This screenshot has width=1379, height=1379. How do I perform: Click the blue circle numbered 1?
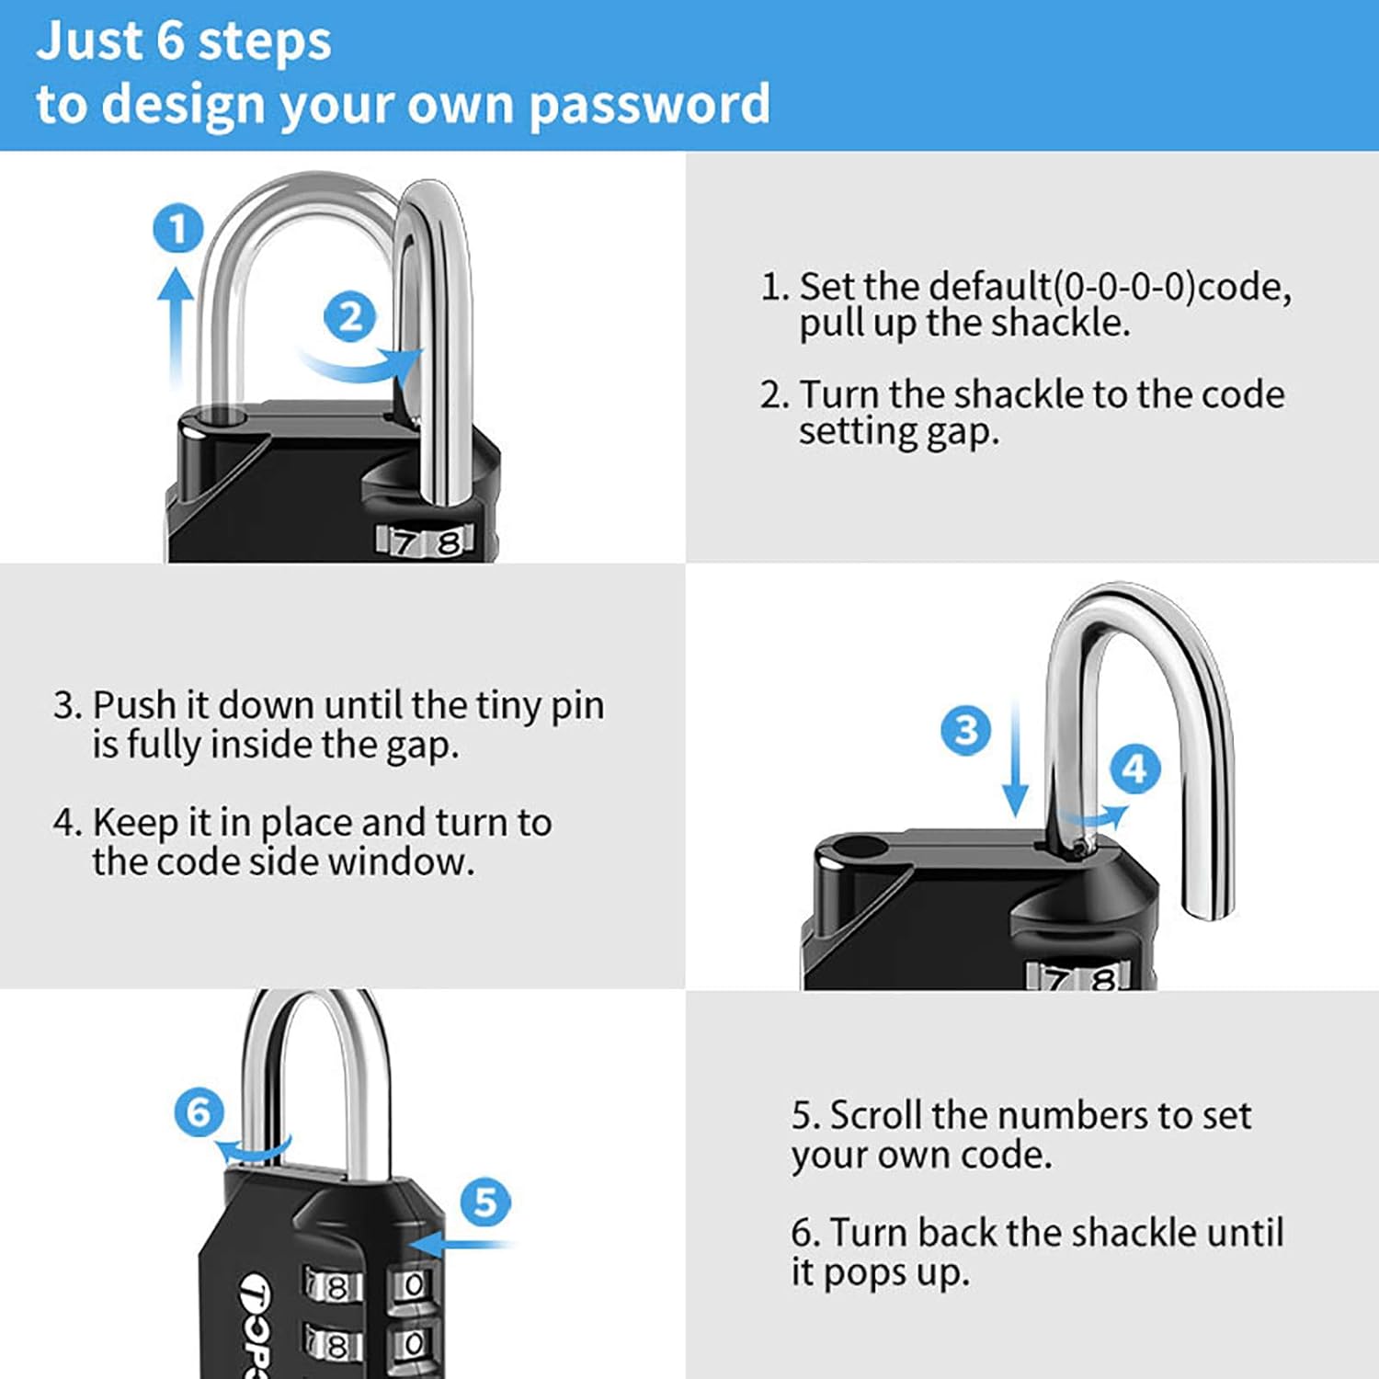point(177,229)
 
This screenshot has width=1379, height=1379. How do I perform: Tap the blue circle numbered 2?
point(350,318)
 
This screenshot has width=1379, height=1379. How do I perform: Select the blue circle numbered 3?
point(966,731)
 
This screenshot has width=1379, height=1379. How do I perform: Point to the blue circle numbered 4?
point(1135,769)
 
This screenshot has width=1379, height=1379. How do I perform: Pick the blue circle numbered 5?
point(485,1202)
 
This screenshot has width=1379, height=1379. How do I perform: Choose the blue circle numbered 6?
point(199,1112)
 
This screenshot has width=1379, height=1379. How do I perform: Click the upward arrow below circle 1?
point(176,322)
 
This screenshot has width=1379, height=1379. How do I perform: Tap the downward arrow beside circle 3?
point(1015,763)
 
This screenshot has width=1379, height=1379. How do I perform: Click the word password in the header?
point(649,105)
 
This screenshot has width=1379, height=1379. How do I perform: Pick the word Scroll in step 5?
point(876,1115)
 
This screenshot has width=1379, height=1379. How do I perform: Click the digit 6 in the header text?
point(171,41)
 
